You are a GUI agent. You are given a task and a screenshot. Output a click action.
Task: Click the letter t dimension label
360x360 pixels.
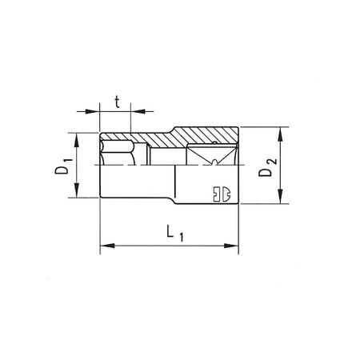117,102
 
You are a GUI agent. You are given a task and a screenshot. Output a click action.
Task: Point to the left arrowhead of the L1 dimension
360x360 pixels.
102,245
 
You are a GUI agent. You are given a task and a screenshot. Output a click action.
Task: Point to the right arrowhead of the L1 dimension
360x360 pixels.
237,245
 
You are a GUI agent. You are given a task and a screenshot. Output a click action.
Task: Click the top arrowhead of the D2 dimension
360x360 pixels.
280,130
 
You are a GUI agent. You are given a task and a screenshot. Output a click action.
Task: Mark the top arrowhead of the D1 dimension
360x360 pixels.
78,137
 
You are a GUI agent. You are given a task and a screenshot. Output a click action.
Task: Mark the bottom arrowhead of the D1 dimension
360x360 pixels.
78,194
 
